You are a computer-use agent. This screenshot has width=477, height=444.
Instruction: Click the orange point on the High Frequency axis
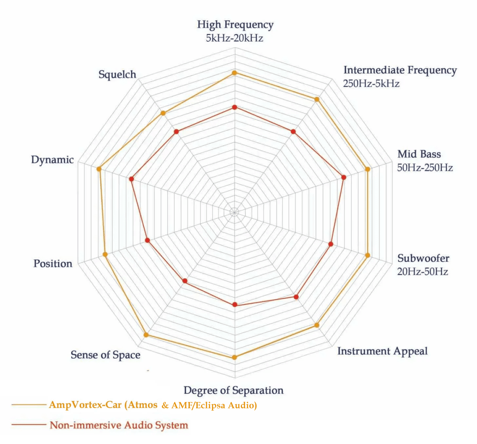[x=234, y=73]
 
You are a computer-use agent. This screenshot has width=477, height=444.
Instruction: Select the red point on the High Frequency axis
[x=234, y=107]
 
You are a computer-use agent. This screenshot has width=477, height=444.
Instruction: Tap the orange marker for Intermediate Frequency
[x=317, y=99]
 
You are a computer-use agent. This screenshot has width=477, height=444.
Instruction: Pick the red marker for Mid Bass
[x=344, y=177]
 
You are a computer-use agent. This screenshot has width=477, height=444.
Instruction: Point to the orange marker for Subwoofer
[x=368, y=255]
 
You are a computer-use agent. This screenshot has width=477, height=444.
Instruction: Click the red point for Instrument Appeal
[x=296, y=297]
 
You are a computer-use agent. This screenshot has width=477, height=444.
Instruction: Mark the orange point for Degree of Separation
[x=234, y=357]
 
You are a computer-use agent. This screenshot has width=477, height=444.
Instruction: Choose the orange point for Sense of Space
[x=146, y=335]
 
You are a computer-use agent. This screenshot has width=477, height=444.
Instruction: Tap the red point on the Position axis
[x=147, y=240]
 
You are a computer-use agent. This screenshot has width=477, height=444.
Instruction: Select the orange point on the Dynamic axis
[x=99, y=169]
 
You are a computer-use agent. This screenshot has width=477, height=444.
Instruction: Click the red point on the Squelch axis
[x=176, y=131]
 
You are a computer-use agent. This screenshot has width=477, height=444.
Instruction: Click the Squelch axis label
[x=117, y=75]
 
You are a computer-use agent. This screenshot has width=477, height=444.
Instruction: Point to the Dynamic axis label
[x=52, y=160]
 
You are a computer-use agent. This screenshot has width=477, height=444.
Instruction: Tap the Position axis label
[x=53, y=264]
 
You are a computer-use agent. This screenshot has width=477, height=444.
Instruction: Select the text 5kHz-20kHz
[x=235, y=38]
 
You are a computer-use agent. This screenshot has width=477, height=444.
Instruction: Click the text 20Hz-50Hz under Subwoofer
[x=423, y=272]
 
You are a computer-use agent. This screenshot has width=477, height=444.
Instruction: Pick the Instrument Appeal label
[x=382, y=351]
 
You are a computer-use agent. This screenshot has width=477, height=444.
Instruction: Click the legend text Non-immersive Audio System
[x=119, y=425]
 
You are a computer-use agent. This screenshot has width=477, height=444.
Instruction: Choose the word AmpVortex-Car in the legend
[x=85, y=405]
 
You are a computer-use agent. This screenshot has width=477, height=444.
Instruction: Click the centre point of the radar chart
[x=234, y=212]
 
